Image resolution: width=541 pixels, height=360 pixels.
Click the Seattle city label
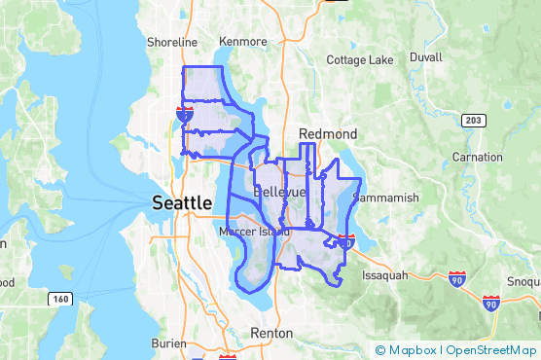click(x=182, y=202)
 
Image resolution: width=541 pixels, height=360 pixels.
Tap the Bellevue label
click(x=279, y=193)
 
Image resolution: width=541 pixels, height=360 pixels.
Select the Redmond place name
click(x=328, y=133)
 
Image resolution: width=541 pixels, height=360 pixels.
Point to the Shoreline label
click(x=172, y=43)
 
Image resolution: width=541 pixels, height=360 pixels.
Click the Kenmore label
click(x=243, y=43)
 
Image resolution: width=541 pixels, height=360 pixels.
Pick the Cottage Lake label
click(x=360, y=60)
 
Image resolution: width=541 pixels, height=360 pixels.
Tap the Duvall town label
click(x=426, y=58)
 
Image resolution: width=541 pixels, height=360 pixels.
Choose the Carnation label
click(x=477, y=157)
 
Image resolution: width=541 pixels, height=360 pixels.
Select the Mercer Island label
click(x=253, y=233)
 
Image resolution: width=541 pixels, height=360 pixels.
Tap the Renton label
click(x=271, y=333)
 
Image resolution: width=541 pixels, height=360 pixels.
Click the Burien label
click(x=168, y=343)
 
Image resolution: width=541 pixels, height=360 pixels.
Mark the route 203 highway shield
click(x=472, y=120)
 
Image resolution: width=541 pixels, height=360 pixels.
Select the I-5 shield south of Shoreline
click(x=184, y=114)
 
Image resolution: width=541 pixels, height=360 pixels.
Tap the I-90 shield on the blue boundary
click(x=347, y=241)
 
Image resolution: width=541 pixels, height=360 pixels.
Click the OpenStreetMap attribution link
click(x=490, y=350)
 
